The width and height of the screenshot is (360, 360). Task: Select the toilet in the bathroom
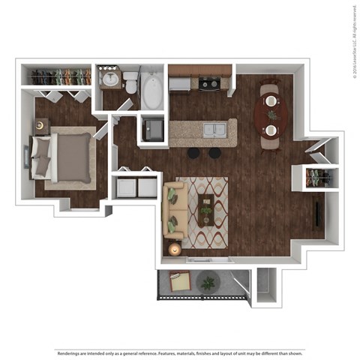[130, 81]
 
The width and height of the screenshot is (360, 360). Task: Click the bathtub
[152, 91]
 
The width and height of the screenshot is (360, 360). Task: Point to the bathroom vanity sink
[111, 78]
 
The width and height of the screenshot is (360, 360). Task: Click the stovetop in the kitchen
[208, 83]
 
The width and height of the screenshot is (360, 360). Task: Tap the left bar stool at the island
[194, 152]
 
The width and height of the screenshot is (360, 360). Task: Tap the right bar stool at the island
[215, 152]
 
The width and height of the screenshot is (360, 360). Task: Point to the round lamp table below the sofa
[174, 249]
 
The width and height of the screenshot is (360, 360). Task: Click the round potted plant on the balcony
[208, 282]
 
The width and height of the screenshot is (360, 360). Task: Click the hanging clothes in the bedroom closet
[58, 76]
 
